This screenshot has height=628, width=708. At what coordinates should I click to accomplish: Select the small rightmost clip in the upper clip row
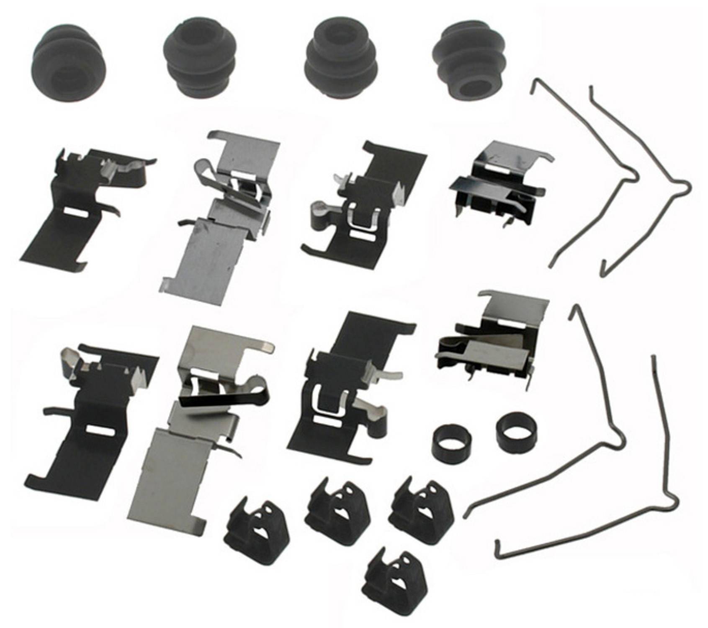point(498,188)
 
